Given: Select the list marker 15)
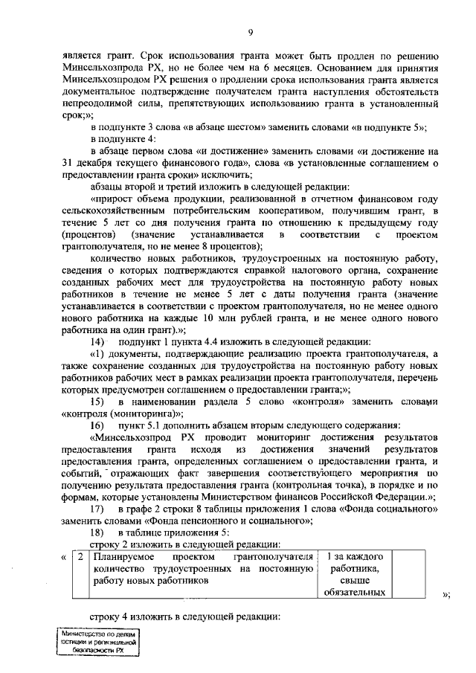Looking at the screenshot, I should tap(97, 402).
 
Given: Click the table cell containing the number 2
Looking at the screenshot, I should tap(80, 557).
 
